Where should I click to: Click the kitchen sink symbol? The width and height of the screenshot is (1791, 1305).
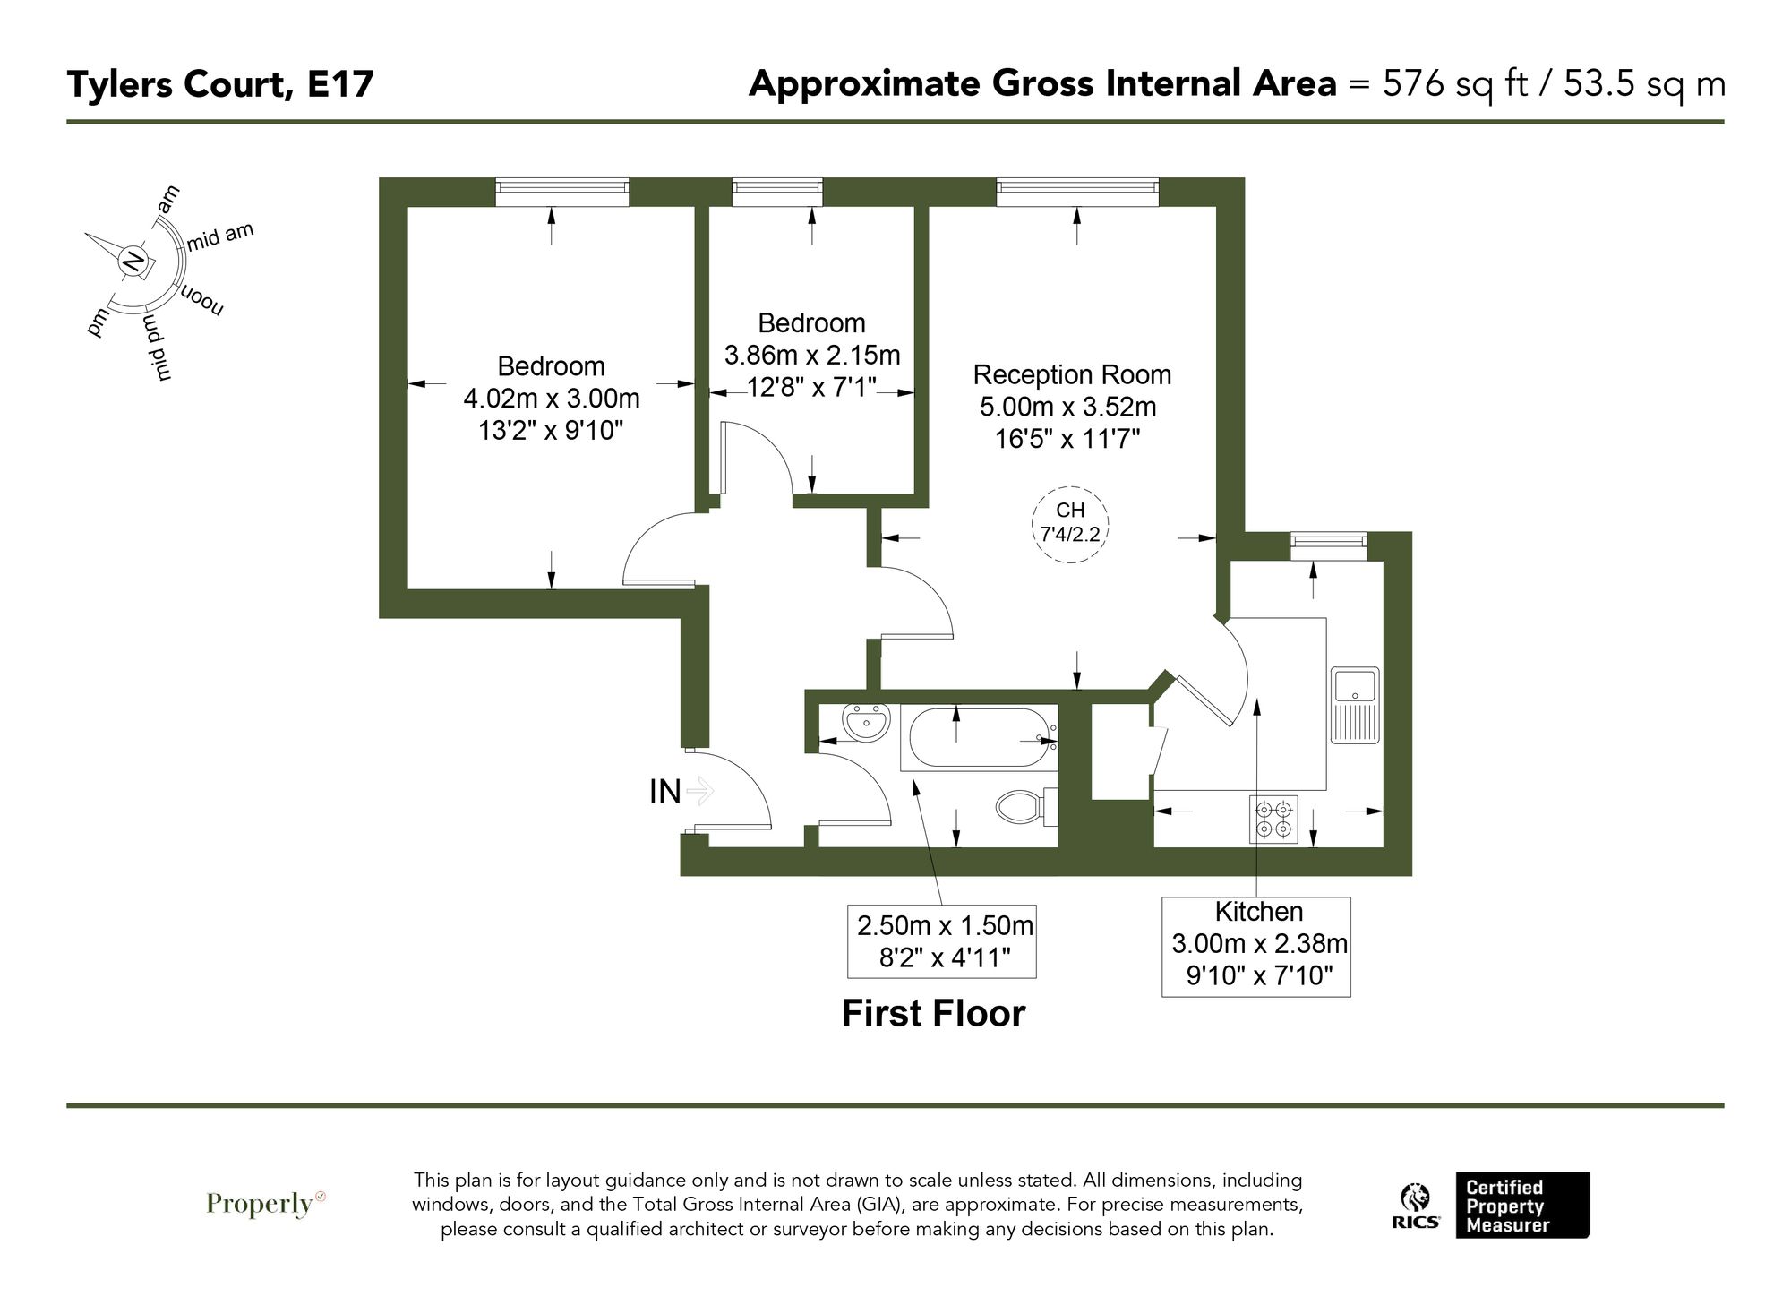click(x=1354, y=704)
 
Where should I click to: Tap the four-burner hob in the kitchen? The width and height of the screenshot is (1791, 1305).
click(x=1273, y=819)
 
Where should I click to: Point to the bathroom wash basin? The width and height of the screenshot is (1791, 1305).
click(x=865, y=723)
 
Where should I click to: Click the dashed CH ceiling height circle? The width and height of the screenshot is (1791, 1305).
click(x=1070, y=523)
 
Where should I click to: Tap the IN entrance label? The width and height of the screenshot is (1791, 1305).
click(x=665, y=792)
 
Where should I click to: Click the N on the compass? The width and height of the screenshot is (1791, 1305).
click(x=133, y=261)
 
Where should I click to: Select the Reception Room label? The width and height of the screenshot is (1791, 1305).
click(x=1072, y=374)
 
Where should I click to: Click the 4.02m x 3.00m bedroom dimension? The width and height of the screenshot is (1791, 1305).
click(x=552, y=399)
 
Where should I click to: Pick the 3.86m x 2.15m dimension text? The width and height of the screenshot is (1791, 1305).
click(x=811, y=356)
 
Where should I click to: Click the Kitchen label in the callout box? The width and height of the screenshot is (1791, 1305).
click(x=1257, y=912)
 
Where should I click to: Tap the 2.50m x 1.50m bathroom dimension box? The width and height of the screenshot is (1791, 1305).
click(x=942, y=940)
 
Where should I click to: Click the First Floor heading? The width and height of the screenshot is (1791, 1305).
click(x=933, y=1014)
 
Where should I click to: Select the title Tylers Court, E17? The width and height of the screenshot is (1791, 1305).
click(x=220, y=84)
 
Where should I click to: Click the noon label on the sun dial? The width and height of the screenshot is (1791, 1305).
click(x=202, y=301)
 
